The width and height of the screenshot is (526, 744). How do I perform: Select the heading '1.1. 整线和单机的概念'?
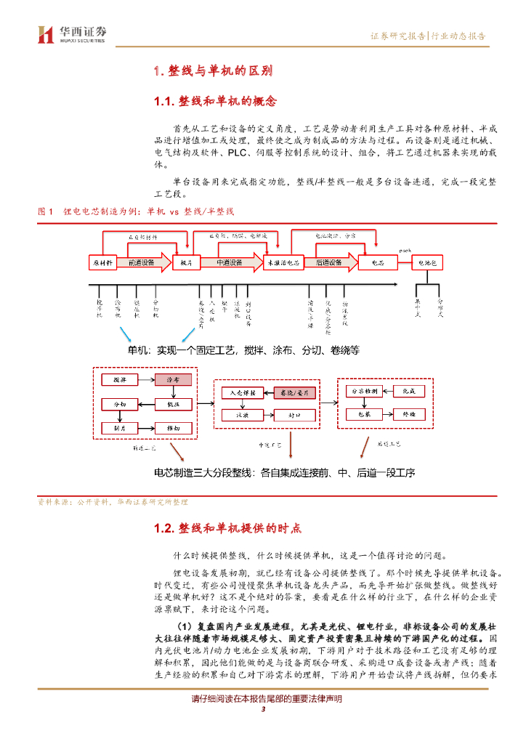(215, 100)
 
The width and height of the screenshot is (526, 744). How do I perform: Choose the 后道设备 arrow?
(331, 262)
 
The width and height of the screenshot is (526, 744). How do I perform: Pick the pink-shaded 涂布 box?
(173, 379)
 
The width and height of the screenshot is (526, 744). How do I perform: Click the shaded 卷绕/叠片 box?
(295, 392)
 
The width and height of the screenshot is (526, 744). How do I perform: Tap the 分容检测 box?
(364, 391)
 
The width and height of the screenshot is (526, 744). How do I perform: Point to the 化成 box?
(408, 391)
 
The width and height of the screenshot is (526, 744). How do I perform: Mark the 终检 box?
(408, 414)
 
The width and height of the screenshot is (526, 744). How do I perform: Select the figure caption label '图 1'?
(46, 211)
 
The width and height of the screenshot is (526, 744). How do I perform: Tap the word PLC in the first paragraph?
(218, 153)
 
